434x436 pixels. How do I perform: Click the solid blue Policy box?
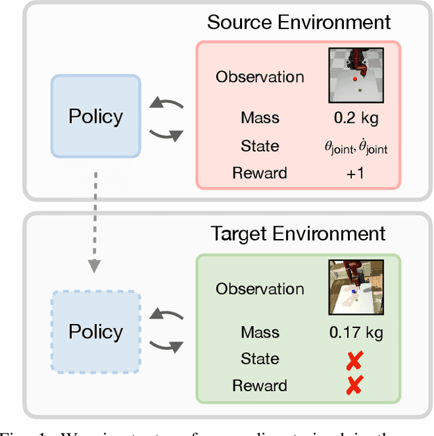click(96, 116)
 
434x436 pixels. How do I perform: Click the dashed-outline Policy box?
click(96, 332)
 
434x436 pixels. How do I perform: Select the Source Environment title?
click(298, 22)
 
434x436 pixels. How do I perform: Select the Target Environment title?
click(298, 234)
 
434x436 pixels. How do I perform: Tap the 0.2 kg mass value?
click(356, 118)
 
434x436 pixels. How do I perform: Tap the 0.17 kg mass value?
click(356, 333)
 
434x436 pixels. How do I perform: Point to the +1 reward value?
click(356, 173)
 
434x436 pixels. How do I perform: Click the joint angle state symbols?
click(356, 147)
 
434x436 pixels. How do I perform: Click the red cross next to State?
click(353, 360)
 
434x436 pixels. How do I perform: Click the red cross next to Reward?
click(353, 386)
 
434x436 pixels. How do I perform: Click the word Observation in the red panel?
click(260, 77)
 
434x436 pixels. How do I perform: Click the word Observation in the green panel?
click(260, 289)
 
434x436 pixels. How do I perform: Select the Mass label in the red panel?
click(260, 118)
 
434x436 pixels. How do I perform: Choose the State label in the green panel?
click(260, 359)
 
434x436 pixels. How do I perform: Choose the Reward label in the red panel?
click(260, 173)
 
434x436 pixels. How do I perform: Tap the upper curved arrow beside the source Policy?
click(167, 105)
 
